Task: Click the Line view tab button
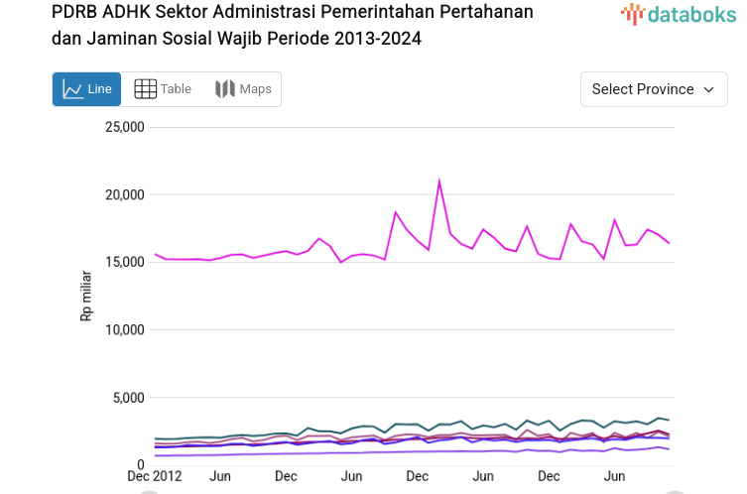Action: click(x=86, y=89)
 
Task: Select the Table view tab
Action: click(x=163, y=89)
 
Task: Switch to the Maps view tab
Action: click(x=243, y=89)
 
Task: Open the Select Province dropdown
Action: click(x=653, y=89)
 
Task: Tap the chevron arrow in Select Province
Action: click(x=708, y=89)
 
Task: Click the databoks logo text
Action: click(x=690, y=14)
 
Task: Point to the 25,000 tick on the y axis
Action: click(x=125, y=127)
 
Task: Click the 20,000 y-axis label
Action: click(x=125, y=194)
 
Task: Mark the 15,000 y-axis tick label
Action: click(x=125, y=262)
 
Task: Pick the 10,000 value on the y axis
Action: click(x=125, y=329)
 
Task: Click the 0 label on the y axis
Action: click(x=141, y=464)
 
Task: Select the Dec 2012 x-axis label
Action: click(x=153, y=477)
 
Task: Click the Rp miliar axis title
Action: click(x=87, y=296)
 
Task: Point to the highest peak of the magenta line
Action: click(x=438, y=182)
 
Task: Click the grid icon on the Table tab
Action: click(x=145, y=89)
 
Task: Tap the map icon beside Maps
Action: click(x=225, y=89)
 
